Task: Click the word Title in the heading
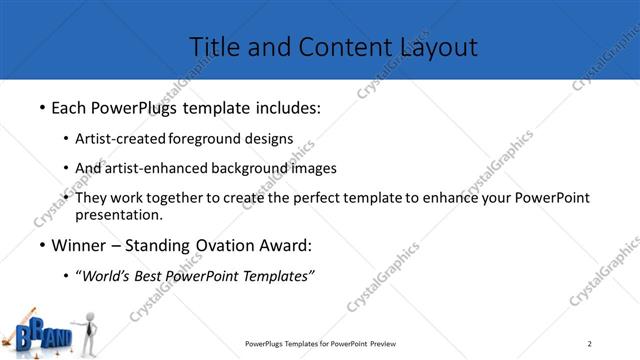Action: click(212, 46)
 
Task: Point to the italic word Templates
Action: click(276, 277)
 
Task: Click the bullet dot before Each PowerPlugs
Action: click(41, 105)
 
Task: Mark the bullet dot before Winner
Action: click(41, 246)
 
